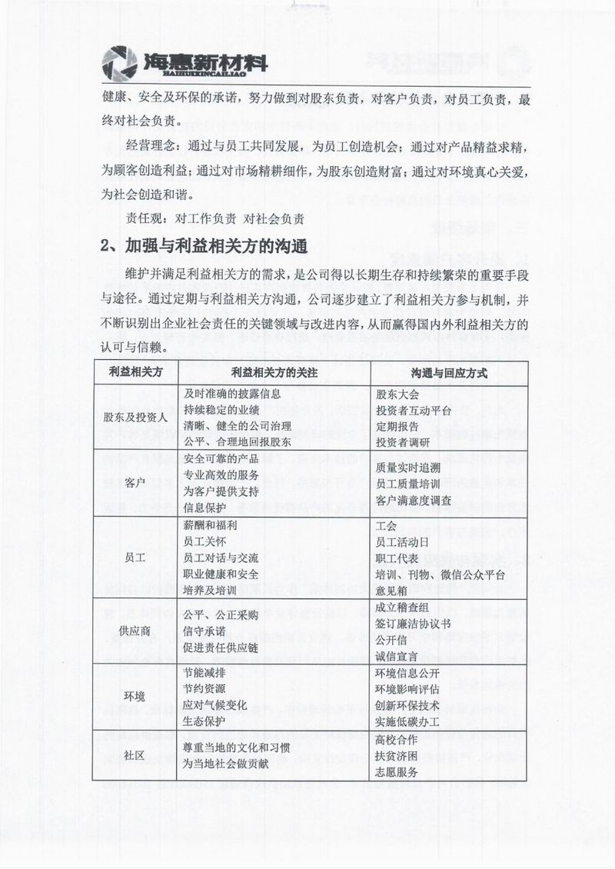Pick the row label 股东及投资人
click(x=135, y=417)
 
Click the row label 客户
click(x=135, y=483)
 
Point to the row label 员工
click(x=135, y=557)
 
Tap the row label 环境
click(x=135, y=697)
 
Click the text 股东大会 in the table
click(x=398, y=395)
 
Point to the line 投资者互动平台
click(x=414, y=410)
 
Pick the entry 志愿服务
click(x=397, y=771)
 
